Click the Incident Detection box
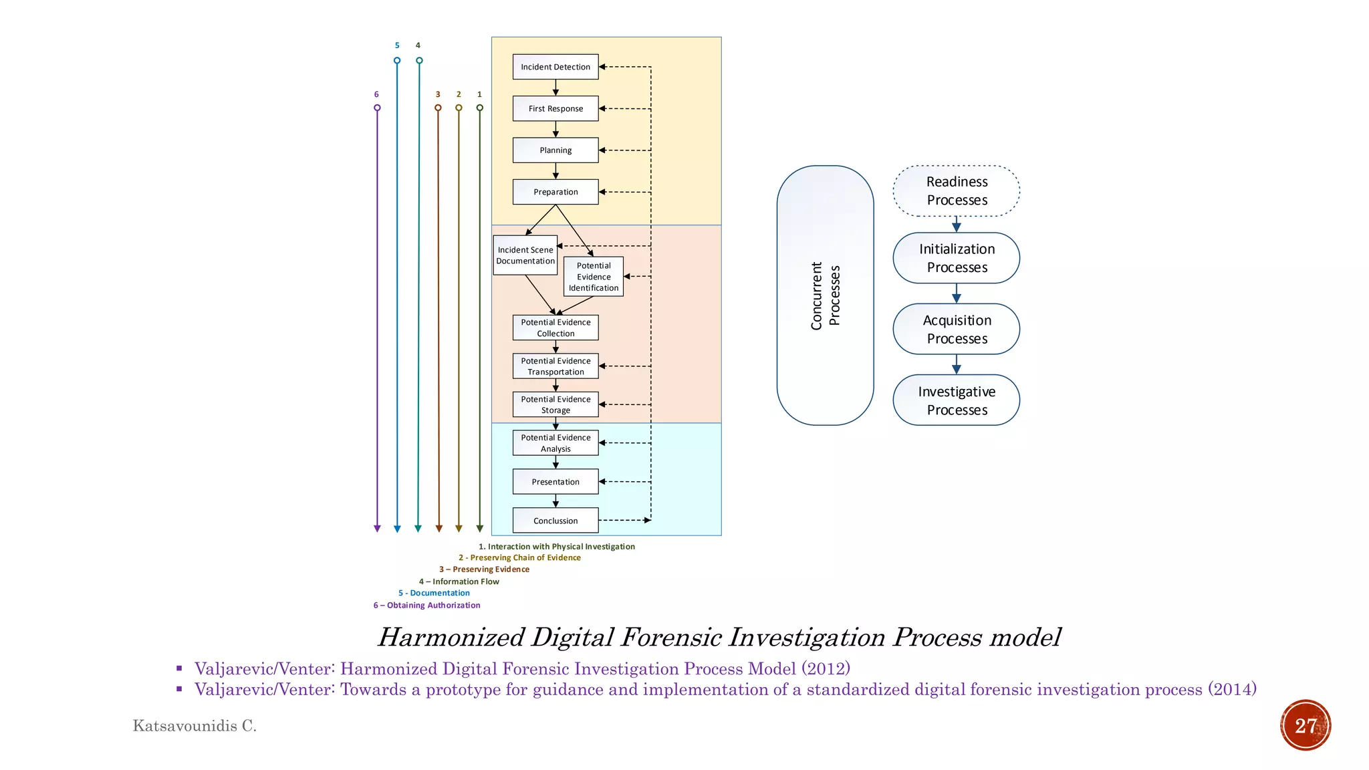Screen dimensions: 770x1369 pos(555,67)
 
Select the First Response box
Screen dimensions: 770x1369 pos(555,108)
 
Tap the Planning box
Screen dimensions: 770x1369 pos(555,150)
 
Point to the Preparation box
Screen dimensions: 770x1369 pos(555,192)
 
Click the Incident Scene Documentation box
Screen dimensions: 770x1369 pos(525,255)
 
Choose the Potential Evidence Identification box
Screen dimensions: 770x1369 pos(594,277)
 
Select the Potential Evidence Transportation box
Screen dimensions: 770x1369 pos(555,366)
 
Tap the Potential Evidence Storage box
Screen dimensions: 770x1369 pos(555,404)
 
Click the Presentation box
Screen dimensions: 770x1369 pos(555,482)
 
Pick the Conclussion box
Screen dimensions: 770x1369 pos(555,521)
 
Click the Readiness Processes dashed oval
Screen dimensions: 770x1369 pos(957,191)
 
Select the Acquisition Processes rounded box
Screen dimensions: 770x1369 pos(957,330)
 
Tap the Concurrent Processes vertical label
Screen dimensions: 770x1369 pos(825,295)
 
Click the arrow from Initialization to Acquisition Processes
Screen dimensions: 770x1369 pos(957,293)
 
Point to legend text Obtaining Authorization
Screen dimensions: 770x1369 pos(426,606)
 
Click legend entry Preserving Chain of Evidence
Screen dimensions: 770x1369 pos(519,557)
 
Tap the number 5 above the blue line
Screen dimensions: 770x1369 pos(397,45)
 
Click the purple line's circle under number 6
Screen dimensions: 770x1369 pos(377,108)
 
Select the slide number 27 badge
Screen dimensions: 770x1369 pos(1305,725)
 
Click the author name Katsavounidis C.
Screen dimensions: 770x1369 pos(195,726)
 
